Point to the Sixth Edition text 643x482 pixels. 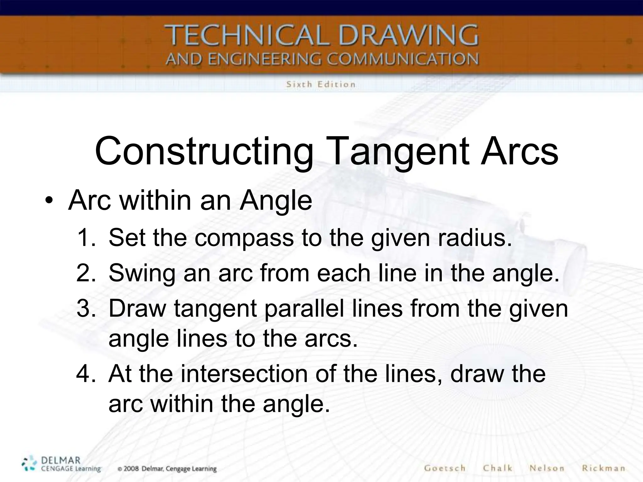tap(321, 84)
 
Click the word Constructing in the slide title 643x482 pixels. tap(204, 152)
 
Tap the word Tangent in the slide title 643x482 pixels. tap(399, 152)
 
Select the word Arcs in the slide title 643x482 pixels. tap(519, 152)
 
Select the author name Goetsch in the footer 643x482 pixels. tap(444, 468)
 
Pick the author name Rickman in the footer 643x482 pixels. tap(603, 468)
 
